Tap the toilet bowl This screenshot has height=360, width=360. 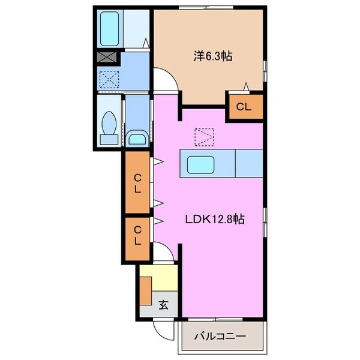click(109, 124)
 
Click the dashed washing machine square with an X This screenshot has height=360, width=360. click(109, 79)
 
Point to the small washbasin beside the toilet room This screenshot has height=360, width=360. click(137, 137)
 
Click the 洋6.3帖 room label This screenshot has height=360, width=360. click(213, 56)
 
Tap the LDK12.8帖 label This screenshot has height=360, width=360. click(214, 220)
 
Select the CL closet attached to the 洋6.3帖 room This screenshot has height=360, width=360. click(244, 107)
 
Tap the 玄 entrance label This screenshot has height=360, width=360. click(163, 304)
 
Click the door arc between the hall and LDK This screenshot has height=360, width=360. click(164, 253)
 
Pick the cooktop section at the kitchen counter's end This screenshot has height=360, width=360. click(248, 163)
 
